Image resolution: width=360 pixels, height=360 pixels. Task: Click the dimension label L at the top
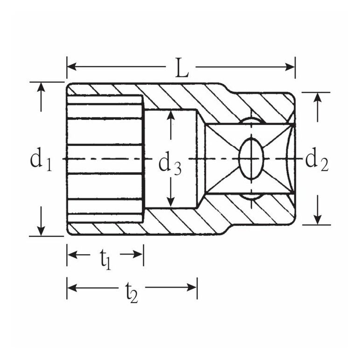point(182,68)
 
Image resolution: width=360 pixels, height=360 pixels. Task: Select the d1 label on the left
point(41,159)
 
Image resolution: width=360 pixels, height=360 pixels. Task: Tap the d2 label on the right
point(317,159)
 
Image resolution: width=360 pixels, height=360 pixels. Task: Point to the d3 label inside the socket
point(170,163)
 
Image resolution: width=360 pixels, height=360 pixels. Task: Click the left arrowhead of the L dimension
point(72,67)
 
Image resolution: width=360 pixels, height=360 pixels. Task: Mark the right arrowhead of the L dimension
point(290,67)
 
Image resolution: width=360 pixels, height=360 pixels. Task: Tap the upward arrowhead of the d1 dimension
point(41,87)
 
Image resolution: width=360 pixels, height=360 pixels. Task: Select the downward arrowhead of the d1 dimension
point(41,231)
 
